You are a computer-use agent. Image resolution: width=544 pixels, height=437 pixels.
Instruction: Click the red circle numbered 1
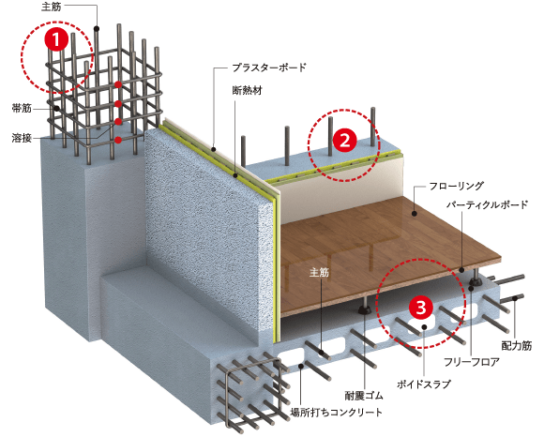point(56,38)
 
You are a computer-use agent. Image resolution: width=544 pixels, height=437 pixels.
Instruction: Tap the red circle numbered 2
point(344,141)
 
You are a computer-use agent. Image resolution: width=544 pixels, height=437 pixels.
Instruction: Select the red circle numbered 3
point(421,308)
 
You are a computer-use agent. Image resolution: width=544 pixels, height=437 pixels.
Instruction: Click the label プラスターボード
point(269,68)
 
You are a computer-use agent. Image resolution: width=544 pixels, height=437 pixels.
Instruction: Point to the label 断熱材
point(248,91)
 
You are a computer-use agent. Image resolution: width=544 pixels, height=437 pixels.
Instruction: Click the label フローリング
point(456,187)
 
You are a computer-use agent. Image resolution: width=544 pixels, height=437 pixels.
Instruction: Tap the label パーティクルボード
point(487,204)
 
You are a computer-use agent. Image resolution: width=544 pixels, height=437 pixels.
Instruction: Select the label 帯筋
point(22,108)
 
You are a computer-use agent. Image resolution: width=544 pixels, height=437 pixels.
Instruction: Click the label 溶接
point(22,138)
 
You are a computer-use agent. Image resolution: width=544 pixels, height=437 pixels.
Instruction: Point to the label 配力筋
point(517,346)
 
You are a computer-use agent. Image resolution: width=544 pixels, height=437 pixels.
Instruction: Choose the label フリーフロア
point(472,362)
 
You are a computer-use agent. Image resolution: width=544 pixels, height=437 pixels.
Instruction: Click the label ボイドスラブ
point(424,384)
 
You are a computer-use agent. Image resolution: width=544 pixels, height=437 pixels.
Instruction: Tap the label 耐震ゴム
point(364,396)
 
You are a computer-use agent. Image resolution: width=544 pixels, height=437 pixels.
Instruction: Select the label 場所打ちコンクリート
point(337,412)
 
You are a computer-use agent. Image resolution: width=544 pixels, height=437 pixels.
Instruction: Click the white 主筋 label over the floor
point(319,272)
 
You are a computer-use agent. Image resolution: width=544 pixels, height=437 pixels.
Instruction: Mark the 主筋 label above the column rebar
point(52,7)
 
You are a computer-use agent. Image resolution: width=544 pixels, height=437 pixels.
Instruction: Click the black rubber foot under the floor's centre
point(364,308)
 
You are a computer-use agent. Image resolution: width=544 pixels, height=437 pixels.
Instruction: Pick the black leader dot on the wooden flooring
point(415,214)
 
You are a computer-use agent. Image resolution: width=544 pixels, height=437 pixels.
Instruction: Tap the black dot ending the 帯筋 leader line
point(56,109)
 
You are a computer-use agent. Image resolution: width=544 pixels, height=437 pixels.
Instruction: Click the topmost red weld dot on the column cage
point(118,84)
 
